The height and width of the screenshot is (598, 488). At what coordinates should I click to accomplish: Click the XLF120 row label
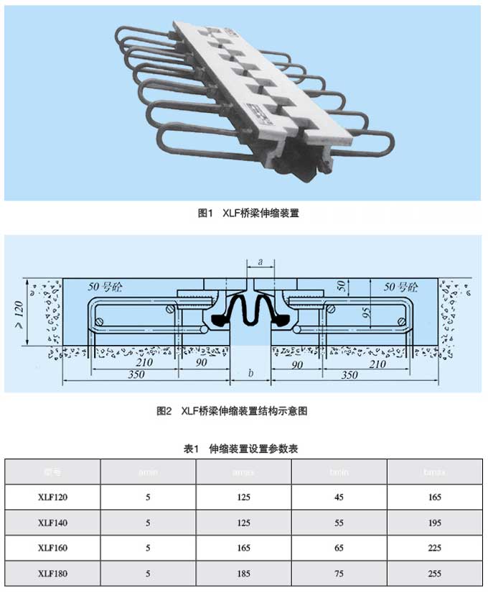coord(52,497)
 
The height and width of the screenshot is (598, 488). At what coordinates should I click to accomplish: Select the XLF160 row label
coord(52,548)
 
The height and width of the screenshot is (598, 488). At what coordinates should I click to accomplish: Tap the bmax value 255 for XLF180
coord(434,574)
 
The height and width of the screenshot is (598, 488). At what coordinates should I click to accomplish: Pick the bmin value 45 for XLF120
coord(339,497)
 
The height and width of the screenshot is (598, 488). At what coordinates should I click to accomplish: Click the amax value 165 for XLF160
coord(243,548)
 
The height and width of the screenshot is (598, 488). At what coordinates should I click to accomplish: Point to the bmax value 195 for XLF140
coord(434,523)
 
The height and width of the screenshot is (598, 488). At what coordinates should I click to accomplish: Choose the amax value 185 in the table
coord(243,574)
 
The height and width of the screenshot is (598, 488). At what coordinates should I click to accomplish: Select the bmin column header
coord(339,472)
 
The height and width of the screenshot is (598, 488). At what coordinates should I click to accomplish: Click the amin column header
coord(148,472)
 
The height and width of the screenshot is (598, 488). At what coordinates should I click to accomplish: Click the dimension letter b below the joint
coord(250,373)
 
